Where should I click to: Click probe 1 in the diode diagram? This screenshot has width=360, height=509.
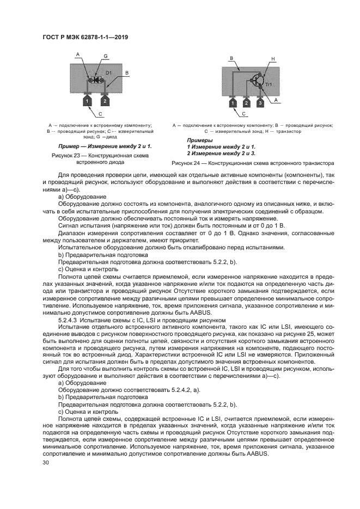click(87, 101)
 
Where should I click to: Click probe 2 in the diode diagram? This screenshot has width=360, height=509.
click(104, 101)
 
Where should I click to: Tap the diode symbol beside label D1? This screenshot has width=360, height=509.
click(96, 79)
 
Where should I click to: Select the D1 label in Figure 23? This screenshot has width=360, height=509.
click(108, 73)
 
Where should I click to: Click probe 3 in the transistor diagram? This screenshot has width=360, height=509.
click(260, 102)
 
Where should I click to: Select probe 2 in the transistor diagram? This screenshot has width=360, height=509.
click(246, 102)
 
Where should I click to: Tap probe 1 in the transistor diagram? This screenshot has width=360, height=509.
click(232, 102)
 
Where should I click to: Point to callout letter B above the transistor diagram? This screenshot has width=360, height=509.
click(231, 58)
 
